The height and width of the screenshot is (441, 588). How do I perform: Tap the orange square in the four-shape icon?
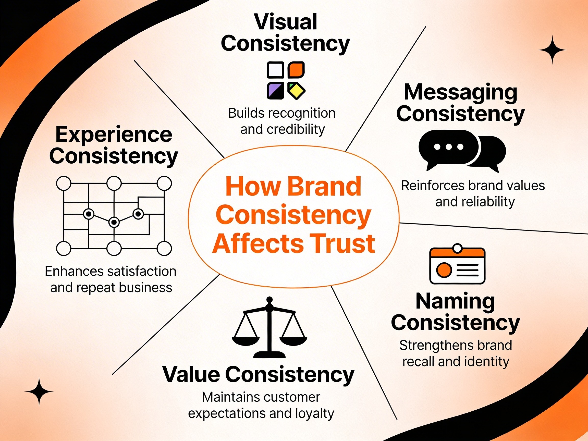click(296, 70)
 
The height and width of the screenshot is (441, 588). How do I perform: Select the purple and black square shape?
click(275, 91)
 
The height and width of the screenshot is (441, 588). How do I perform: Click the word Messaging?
click(460, 92)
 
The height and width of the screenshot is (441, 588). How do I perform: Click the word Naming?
click(455, 302)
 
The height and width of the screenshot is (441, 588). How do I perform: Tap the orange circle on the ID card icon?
click(444, 270)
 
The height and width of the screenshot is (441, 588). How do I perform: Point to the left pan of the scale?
click(245, 340)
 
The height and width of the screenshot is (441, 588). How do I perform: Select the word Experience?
click(114, 134)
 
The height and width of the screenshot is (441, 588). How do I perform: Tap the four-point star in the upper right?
click(552, 50)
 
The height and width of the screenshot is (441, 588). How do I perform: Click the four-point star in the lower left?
click(39, 391)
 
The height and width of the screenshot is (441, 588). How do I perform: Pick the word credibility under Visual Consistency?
click(296, 130)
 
